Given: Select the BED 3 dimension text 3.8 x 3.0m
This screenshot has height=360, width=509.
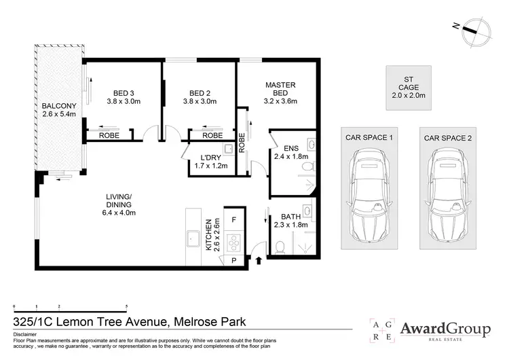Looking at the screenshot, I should tap(123, 102).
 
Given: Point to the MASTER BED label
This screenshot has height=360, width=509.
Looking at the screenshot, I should tap(280, 88).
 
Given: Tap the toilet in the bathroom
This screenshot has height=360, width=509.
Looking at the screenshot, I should tap(279, 245).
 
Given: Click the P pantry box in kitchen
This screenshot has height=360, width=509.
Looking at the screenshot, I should tap(234, 260).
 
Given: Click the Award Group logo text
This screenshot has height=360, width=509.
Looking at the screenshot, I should tap(445, 329).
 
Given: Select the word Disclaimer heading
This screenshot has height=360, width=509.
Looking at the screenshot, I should tap(26, 335).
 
